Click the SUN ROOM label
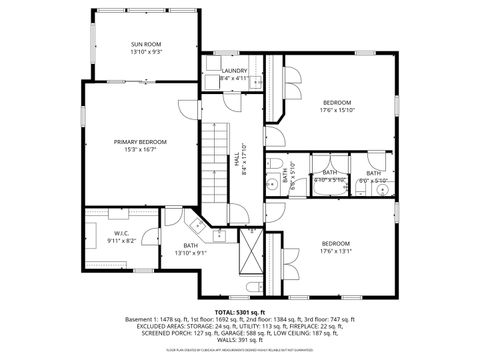coord(145,44)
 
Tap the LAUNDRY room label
coord(235,70)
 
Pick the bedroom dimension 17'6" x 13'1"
coord(337,251)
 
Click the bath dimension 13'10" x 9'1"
coord(189,252)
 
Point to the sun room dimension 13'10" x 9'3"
coord(145,51)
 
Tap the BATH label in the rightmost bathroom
coord(373,173)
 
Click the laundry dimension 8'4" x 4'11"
coord(235,78)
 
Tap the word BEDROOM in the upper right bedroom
coord(337,102)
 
